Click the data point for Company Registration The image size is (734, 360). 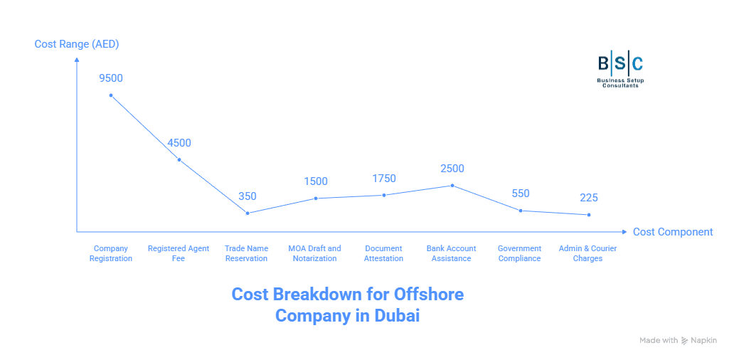click(111, 95)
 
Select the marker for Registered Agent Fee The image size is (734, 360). click(179, 160)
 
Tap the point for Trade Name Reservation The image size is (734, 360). click(248, 213)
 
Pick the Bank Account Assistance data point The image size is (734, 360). click(452, 185)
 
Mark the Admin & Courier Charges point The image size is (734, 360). click(589, 215)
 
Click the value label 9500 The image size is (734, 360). click(111, 78)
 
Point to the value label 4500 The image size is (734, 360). click(179, 142)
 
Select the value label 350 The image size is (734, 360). click(248, 196)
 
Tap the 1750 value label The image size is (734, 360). click(384, 178)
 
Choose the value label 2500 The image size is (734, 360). click(452, 168)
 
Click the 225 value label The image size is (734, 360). click(589, 198)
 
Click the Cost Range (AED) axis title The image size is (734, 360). click(77, 44)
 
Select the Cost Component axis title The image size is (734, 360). click(672, 232)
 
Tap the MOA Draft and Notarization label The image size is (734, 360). click(314, 253)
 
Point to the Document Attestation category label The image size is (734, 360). click(384, 253)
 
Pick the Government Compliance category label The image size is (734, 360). click(519, 253)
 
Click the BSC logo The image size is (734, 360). click(620, 68)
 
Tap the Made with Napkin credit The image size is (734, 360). click(677, 341)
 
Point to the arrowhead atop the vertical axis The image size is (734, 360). click(77, 60)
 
